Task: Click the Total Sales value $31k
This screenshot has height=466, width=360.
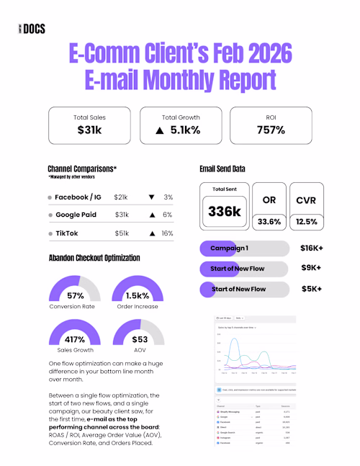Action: pos(91,130)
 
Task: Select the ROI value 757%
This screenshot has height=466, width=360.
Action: pos(271,130)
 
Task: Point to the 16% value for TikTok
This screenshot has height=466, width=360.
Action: pos(168,233)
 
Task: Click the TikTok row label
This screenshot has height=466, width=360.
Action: pos(67,233)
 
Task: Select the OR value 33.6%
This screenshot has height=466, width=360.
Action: pos(268,221)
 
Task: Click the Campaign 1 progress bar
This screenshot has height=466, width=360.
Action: pos(244,248)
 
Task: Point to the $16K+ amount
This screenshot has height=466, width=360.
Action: pos(310,248)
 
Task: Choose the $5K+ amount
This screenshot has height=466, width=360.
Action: pos(310,289)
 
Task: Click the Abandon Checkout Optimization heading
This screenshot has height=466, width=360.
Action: pos(94,257)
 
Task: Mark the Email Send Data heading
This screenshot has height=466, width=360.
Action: pos(222,169)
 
